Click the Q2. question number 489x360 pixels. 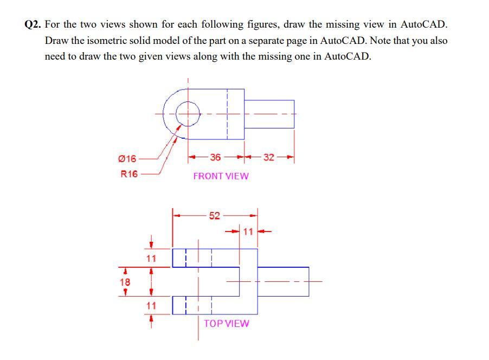(x=34, y=25)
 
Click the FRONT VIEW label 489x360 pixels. (x=221, y=176)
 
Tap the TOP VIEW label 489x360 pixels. (x=226, y=323)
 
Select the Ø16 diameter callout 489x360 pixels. (x=127, y=159)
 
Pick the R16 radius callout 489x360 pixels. (x=128, y=174)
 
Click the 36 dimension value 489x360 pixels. (x=215, y=157)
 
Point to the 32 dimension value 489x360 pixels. (x=269, y=157)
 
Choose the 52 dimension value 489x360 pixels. (x=214, y=215)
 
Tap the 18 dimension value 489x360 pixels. (x=125, y=282)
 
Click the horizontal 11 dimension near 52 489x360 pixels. (x=248, y=232)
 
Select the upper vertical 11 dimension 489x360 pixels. (x=151, y=258)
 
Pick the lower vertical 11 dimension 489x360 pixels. (x=151, y=306)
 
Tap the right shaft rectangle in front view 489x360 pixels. (x=269, y=114)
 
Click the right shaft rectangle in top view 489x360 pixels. (x=283, y=281)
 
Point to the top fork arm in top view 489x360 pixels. (x=214, y=258)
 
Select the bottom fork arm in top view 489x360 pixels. (x=214, y=305)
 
